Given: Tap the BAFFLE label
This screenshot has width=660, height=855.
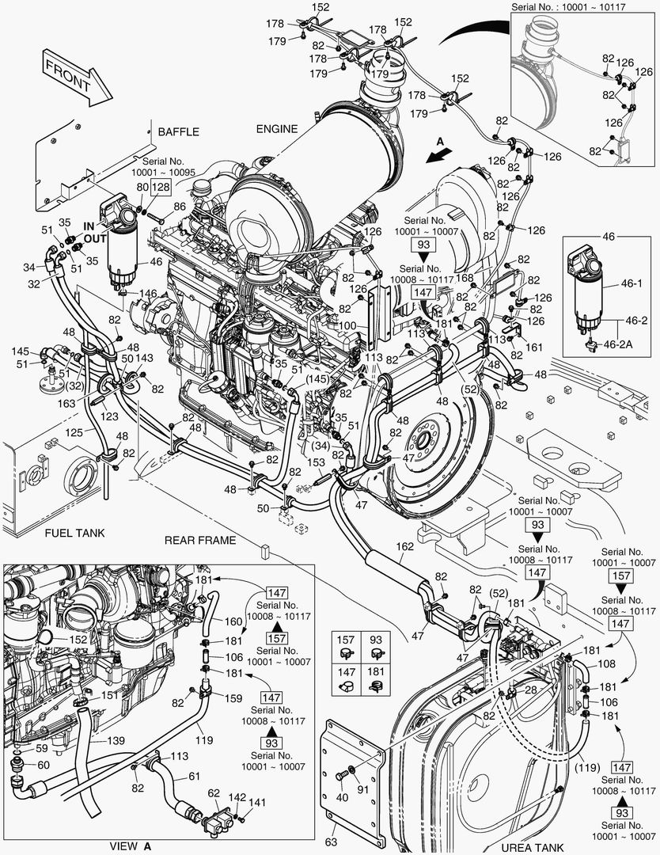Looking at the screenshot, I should (178, 131).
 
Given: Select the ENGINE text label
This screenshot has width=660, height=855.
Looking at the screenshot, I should (276, 129).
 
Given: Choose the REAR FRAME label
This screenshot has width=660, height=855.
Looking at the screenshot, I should (200, 540).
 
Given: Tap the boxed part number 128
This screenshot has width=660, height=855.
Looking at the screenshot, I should (161, 187).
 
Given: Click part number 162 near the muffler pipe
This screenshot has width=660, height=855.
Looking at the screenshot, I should (404, 546).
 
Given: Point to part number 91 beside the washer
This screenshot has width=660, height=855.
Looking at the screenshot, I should (365, 789).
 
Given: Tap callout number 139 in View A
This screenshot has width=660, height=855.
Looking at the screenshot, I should (116, 740).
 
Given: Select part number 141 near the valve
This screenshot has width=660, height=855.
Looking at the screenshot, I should (257, 803).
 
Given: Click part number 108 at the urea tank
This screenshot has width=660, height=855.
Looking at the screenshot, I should (605, 665).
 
